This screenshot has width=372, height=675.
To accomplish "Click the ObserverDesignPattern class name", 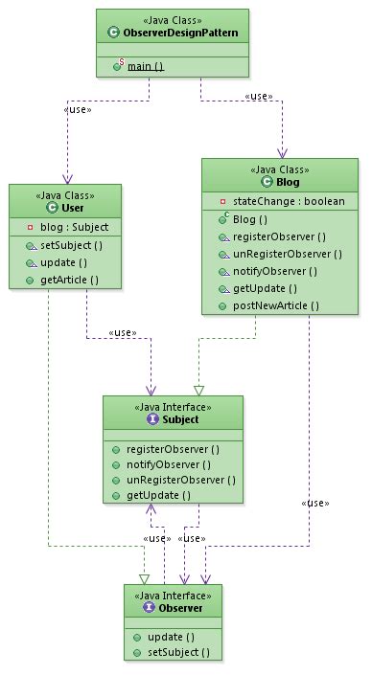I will click(x=179, y=34).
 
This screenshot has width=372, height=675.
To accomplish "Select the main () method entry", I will click(x=146, y=66).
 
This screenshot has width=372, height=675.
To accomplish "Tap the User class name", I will click(x=73, y=207).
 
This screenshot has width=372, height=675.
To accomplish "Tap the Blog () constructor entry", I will click(x=250, y=219).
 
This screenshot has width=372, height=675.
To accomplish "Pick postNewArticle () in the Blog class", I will click(x=276, y=305).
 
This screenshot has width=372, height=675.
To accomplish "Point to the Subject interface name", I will click(x=180, y=419).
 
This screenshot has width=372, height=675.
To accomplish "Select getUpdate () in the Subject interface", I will click(x=157, y=495).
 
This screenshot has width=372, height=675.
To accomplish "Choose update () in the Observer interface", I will click(x=171, y=637).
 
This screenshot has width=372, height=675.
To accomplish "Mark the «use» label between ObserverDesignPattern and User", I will click(x=76, y=108).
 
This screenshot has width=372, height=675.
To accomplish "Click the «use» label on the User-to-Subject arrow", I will click(x=123, y=333).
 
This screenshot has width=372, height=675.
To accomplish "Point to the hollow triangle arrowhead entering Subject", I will click(x=198, y=390).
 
